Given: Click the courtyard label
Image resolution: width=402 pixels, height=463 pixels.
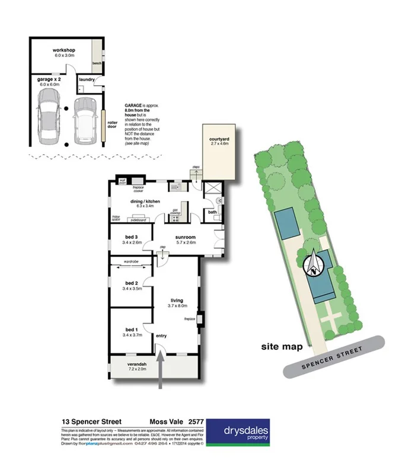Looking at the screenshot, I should (x=219, y=140).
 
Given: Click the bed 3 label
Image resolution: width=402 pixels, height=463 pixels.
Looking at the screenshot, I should (x=131, y=237).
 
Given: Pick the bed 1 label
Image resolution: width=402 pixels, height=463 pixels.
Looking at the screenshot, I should (x=131, y=329).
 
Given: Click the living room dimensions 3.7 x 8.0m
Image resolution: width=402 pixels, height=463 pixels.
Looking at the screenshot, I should (x=177, y=306).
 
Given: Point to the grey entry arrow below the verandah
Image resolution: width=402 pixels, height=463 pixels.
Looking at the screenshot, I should (x=162, y=371).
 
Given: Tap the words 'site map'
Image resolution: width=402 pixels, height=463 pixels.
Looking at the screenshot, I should (x=282, y=346).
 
